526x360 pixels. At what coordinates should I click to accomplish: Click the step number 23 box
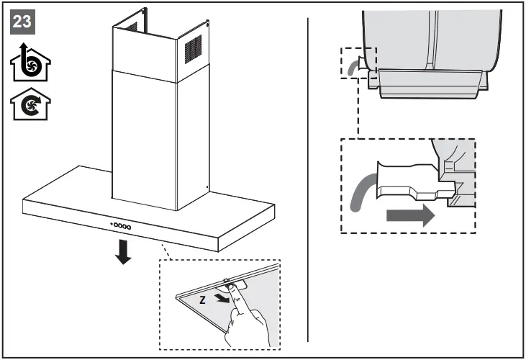click(23, 22)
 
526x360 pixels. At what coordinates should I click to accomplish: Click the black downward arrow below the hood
click(124, 251)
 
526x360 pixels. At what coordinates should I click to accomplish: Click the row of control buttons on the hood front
click(121, 226)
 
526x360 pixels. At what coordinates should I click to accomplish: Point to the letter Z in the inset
click(202, 298)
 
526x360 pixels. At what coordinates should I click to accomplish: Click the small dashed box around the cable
click(358, 66)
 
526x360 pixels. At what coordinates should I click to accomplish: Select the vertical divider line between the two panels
click(308, 180)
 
